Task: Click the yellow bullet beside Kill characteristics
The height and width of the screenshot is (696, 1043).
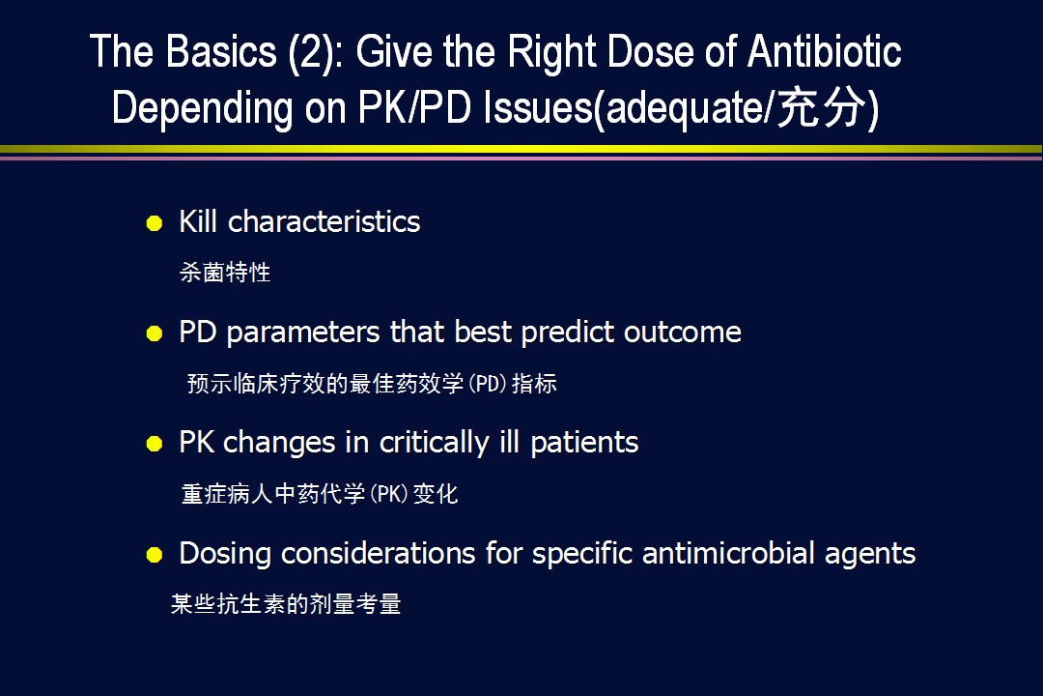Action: click(x=155, y=223)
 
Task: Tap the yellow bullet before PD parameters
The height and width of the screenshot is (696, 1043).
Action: click(x=155, y=333)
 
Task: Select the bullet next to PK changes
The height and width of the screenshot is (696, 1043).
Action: click(x=155, y=444)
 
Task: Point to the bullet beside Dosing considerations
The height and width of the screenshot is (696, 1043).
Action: click(x=155, y=554)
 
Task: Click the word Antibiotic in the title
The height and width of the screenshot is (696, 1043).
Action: click(x=825, y=51)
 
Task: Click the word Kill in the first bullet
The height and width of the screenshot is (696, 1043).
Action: click(x=198, y=221)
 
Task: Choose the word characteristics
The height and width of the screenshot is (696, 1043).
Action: click(x=324, y=221)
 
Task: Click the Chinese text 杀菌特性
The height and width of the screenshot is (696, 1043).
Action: click(x=225, y=273)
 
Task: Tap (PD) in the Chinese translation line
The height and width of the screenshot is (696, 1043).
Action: click(x=488, y=384)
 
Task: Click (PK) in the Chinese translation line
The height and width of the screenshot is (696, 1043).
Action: click(x=388, y=494)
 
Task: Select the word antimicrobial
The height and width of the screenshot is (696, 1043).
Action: click(x=728, y=554)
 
